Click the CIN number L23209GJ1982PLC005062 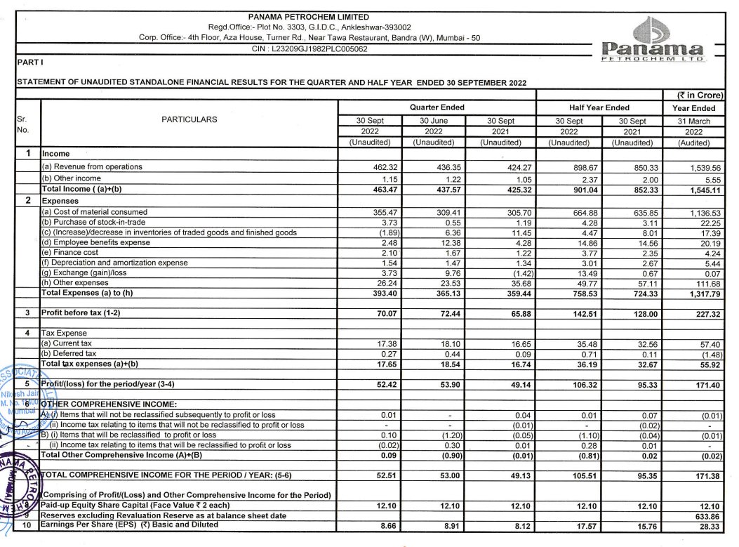[309, 49]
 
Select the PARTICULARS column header [189, 119]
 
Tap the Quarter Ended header [438, 107]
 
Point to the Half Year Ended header [599, 107]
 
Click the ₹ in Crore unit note [695, 95]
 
